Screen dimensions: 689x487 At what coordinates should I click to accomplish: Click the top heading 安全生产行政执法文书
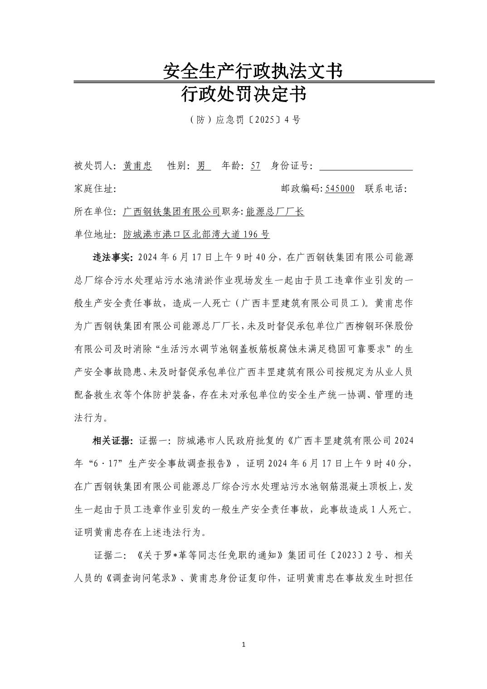(x=252, y=71)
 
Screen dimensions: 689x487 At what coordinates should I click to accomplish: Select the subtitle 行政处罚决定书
(x=243, y=95)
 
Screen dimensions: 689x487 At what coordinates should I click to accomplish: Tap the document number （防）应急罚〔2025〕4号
(x=243, y=120)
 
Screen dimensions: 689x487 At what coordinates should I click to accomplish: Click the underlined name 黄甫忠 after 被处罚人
(x=137, y=166)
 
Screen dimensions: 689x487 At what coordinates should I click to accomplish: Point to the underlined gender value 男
(x=202, y=166)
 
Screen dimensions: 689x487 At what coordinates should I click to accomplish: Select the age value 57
(x=255, y=166)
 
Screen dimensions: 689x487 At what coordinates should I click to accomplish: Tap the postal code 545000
(x=340, y=189)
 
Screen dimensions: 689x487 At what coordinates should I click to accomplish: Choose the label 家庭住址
(x=95, y=189)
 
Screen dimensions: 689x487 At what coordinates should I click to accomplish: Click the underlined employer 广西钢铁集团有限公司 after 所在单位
(x=172, y=212)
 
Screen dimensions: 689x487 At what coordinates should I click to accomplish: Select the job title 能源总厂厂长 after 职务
(x=275, y=212)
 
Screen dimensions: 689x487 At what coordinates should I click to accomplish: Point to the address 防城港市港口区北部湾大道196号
(x=196, y=235)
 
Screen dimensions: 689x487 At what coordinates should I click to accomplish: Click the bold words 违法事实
(x=112, y=258)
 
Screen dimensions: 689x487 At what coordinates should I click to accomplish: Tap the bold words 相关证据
(x=112, y=441)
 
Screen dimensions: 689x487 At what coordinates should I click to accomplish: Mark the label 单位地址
(x=95, y=235)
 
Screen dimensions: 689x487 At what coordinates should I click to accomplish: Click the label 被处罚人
(x=95, y=166)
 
